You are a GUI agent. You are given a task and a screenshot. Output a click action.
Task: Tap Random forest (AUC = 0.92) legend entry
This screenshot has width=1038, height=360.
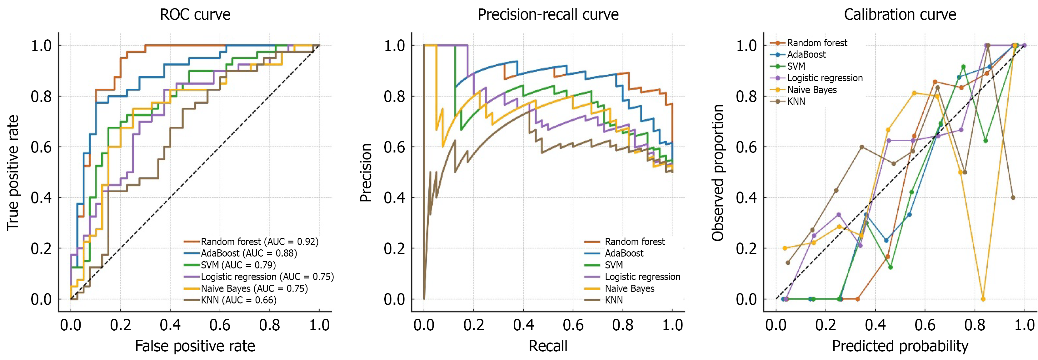click(x=259, y=242)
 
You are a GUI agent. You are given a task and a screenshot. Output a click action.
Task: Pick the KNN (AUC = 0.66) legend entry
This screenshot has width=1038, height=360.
click(x=238, y=300)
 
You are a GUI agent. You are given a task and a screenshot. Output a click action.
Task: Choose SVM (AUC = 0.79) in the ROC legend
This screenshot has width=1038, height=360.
click(x=238, y=265)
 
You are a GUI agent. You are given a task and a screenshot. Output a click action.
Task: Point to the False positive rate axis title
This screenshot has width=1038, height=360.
click(x=195, y=346)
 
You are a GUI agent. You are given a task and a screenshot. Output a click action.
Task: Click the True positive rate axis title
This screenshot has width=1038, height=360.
click(x=12, y=172)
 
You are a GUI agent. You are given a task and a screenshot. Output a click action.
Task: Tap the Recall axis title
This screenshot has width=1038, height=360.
click(x=548, y=346)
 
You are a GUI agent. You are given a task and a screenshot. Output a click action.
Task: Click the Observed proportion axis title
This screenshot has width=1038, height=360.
click(x=718, y=172)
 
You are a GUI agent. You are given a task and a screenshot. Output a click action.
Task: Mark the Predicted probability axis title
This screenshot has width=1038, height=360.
click(x=900, y=346)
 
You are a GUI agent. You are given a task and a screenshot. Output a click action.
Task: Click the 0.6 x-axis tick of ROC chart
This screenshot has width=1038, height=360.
click(x=220, y=325)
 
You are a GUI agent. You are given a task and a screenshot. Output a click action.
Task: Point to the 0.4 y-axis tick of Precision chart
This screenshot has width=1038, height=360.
click(x=394, y=197)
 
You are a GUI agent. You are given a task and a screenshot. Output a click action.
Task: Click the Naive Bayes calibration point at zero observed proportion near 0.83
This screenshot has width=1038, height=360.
click(x=983, y=299)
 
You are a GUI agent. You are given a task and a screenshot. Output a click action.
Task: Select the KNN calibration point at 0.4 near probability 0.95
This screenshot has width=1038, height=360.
click(x=1013, y=197)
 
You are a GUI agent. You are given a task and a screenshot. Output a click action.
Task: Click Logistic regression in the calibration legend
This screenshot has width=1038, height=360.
click(x=825, y=78)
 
